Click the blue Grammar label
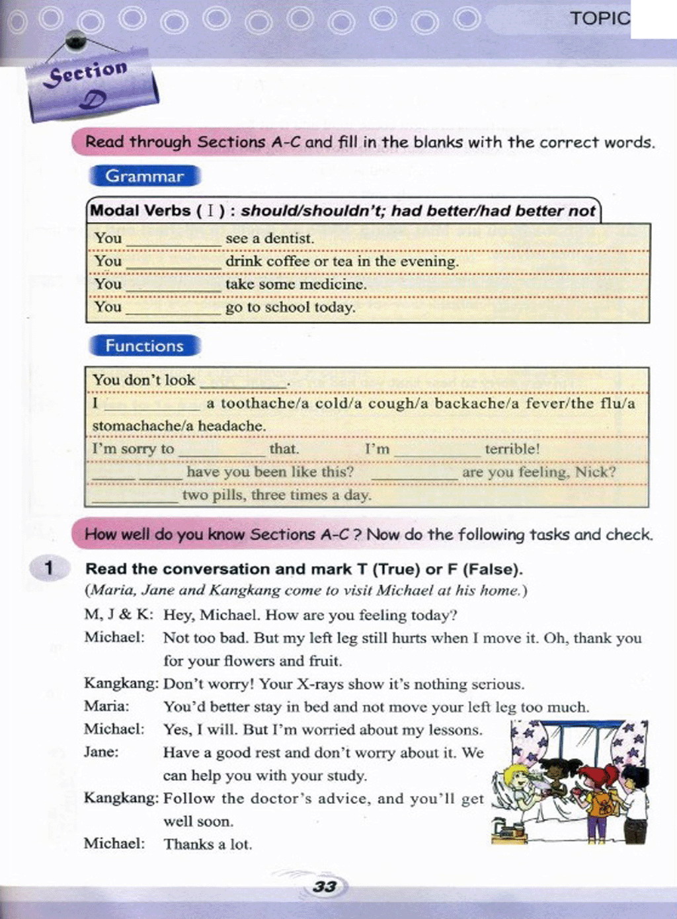(144, 177)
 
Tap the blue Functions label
(144, 346)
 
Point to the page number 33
(325, 887)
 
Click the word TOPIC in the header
(600, 18)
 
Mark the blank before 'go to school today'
(173, 309)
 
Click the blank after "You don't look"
(243, 381)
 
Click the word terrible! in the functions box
(512, 449)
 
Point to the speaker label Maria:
(106, 706)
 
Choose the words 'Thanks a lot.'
(208, 844)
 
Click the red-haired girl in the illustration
(600, 797)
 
